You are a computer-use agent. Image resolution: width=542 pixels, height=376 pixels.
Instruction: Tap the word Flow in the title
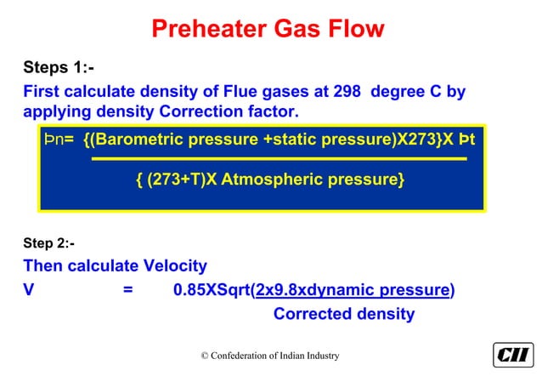[354, 30]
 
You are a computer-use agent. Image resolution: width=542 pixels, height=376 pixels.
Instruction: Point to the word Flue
[234, 90]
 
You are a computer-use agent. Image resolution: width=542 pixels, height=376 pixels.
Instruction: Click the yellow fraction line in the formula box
[278, 159]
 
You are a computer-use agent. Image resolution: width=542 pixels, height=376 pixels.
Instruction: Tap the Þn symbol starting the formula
[54, 139]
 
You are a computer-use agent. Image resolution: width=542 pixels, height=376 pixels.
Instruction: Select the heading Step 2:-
[48, 244]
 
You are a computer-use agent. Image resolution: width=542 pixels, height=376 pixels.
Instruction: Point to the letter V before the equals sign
[29, 290]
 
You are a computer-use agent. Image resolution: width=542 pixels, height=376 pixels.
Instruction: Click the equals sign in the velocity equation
[127, 290]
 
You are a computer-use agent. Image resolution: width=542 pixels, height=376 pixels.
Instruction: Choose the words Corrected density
[343, 314]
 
